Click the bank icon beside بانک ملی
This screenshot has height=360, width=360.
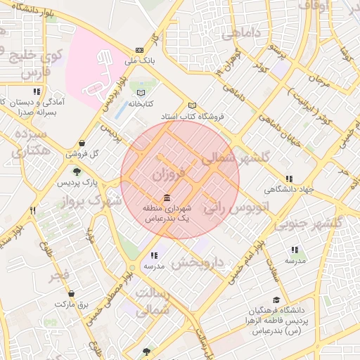(140, 50)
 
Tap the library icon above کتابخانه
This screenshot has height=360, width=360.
(141, 92)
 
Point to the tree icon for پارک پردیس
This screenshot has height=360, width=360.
(77, 171)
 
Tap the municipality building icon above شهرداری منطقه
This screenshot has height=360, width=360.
(166, 198)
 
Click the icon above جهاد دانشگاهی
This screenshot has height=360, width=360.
(288, 179)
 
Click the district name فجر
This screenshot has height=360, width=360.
(59, 274)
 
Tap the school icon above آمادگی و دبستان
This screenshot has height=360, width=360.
(36, 91)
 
